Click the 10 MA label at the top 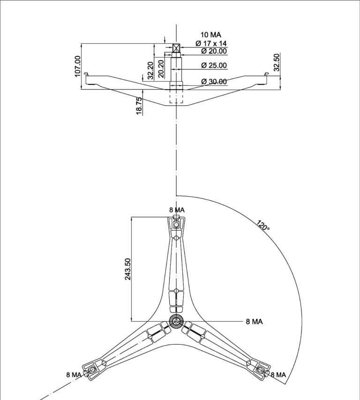pyautogui.click(x=211, y=35)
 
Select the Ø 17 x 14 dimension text pyautogui.click(x=214, y=43)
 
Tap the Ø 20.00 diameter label pyautogui.click(x=214, y=51)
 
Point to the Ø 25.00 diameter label pyautogui.click(x=214, y=65)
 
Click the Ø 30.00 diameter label pyautogui.click(x=214, y=82)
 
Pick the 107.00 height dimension pyautogui.click(x=77, y=67)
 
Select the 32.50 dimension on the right pyautogui.click(x=277, y=62)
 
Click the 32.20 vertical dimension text pyautogui.click(x=150, y=69)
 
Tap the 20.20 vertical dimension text pyautogui.click(x=161, y=68)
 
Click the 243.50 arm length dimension pyautogui.click(x=127, y=269)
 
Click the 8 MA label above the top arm pyautogui.click(x=177, y=210)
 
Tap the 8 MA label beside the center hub pyautogui.click(x=254, y=321)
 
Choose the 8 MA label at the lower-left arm pyautogui.click(x=74, y=374)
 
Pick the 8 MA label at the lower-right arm pyautogui.click(x=278, y=374)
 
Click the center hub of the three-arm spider pyautogui.click(x=176, y=321)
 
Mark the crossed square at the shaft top pyautogui.click(x=176, y=48)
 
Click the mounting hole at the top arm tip pyautogui.click(x=176, y=225)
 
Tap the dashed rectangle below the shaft pyautogui.click(x=176, y=96)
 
